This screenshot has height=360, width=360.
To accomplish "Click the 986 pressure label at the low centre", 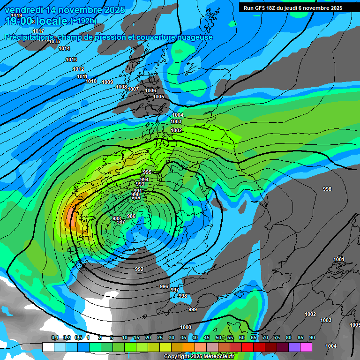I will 131,216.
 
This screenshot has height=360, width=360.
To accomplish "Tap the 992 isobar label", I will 139,270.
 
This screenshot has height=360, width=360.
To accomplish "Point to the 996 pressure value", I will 164,286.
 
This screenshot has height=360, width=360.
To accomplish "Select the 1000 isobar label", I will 186,327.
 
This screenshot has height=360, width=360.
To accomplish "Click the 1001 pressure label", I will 338,259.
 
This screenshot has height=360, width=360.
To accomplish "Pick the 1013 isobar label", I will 71,60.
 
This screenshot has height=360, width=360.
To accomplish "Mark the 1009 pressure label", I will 107,82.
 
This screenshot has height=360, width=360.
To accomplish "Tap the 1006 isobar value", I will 150,90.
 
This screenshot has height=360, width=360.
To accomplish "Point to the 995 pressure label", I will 147,172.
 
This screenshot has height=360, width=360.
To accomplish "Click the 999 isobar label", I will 193,309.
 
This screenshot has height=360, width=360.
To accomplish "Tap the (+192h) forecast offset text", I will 83,21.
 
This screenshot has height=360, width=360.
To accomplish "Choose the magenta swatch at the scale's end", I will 306,347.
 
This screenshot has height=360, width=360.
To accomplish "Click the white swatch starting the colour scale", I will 48,347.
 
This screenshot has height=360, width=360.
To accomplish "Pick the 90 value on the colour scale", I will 312,338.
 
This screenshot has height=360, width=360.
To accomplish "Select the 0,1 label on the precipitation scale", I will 55,338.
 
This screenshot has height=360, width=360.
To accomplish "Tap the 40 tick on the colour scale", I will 195,338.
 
